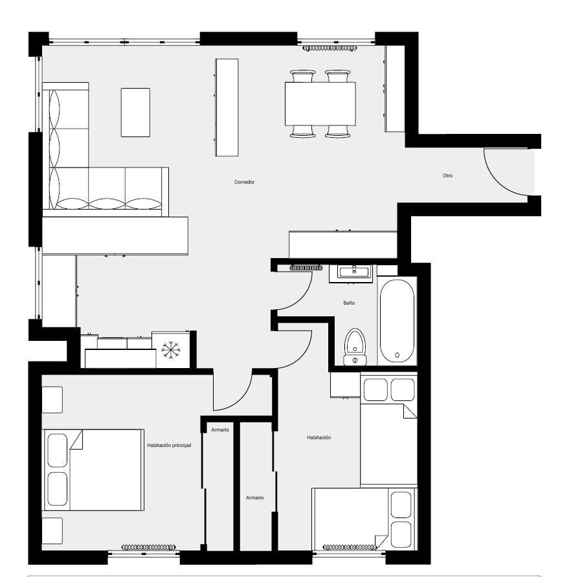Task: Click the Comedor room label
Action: coord(244,182)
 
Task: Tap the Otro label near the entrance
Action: coord(447,175)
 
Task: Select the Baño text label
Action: coord(349,303)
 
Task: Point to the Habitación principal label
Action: coord(169,445)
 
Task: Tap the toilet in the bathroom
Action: coord(355,347)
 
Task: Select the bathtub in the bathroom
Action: coord(397,321)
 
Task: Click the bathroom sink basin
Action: coord(354,272)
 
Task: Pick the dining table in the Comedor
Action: coord(320,103)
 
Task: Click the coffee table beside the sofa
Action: coord(135,113)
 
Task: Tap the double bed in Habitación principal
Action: coord(93,470)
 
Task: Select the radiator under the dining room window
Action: coord(330,48)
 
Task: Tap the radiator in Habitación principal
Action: coord(149,547)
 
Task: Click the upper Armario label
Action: coord(220,430)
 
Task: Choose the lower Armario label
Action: coord(255,497)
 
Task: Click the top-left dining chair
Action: coord(303,76)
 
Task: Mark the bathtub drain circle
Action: coord(397,355)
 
